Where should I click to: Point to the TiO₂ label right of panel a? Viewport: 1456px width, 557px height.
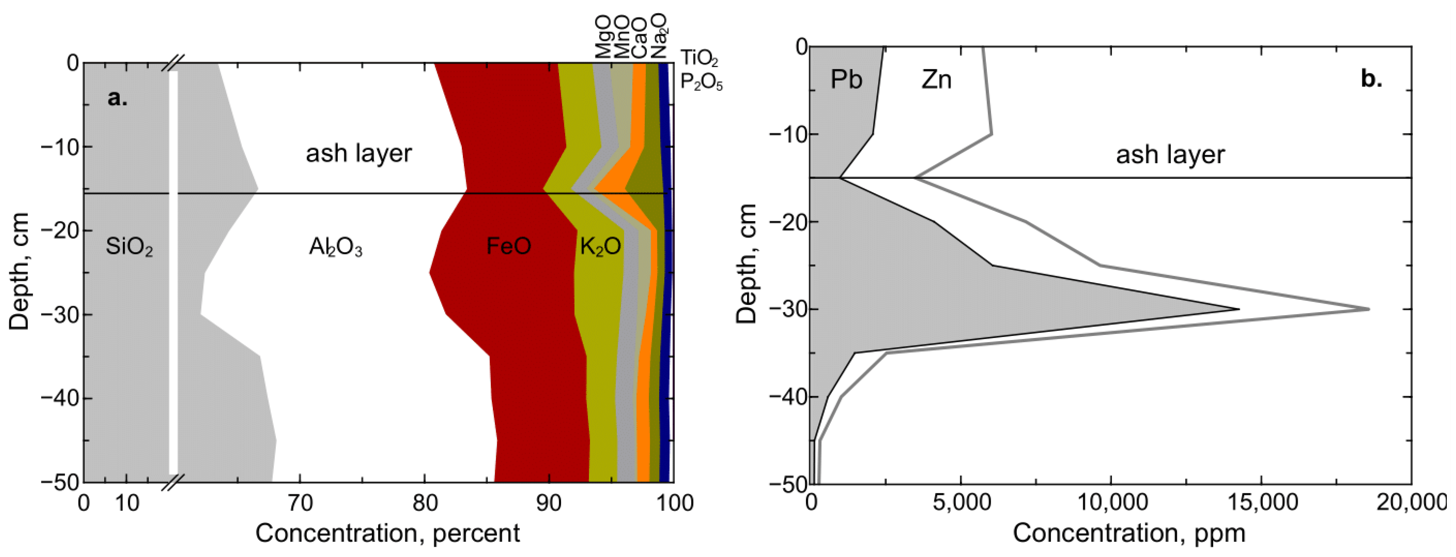(699, 58)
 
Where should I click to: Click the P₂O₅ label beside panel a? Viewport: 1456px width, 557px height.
(701, 83)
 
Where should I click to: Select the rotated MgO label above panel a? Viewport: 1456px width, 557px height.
(603, 37)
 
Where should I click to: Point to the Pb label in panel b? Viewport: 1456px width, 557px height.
(846, 79)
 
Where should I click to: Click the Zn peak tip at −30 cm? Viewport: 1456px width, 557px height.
(1368, 309)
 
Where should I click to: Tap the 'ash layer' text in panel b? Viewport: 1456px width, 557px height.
(1170, 154)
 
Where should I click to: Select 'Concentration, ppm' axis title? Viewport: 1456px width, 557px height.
(1129, 533)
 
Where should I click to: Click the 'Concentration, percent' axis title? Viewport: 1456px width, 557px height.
(387, 533)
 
